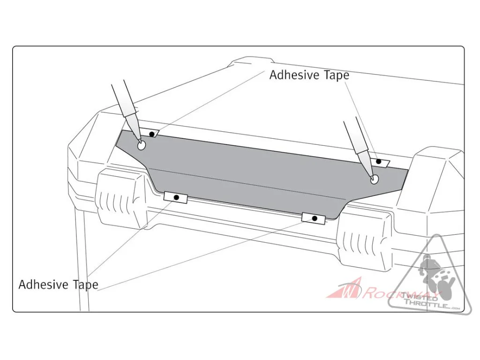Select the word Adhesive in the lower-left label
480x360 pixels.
click(x=44, y=285)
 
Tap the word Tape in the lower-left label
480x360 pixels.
click(x=85, y=285)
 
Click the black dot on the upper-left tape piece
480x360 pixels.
click(x=151, y=134)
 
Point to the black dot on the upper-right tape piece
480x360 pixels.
click(x=379, y=161)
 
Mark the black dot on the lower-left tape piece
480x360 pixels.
click(x=176, y=197)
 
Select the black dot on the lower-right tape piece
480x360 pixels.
click(x=315, y=218)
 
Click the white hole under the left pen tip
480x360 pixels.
click(x=142, y=146)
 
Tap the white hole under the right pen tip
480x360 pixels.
click(x=374, y=180)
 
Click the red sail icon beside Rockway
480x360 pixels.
click(x=345, y=288)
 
